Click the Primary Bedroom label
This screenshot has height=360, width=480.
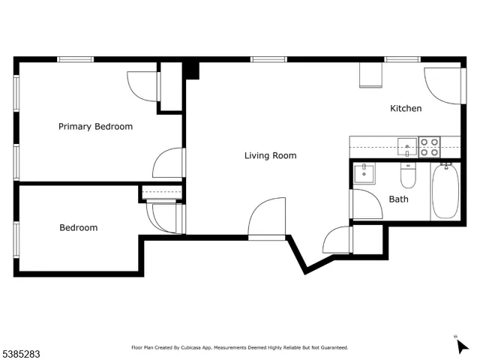(x=95, y=127)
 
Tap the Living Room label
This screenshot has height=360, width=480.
(x=270, y=156)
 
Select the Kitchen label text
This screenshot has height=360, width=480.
(x=406, y=109)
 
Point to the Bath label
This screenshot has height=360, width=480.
(x=398, y=199)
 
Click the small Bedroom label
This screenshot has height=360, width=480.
(x=78, y=228)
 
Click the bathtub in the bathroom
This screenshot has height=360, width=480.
(x=445, y=192)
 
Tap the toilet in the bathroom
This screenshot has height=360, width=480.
(x=408, y=177)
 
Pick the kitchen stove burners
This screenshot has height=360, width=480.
(x=429, y=146)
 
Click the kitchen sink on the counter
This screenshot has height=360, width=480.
(x=407, y=145)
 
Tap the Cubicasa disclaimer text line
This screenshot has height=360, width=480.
(x=240, y=348)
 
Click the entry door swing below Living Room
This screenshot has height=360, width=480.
(x=268, y=217)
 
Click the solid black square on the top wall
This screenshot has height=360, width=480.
(x=191, y=70)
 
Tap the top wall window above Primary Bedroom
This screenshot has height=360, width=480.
(x=76, y=59)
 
